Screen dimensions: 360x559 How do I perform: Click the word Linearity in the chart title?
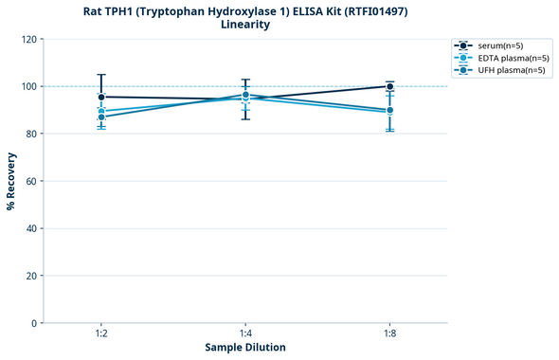pos(245,25)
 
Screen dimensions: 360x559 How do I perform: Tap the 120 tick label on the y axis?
pos(28,39)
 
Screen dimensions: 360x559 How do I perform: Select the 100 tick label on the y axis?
pos(28,86)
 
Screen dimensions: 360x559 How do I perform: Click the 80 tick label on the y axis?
pos(31,134)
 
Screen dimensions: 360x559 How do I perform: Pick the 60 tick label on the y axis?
pos(31,181)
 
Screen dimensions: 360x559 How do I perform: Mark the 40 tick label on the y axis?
pos(31,228)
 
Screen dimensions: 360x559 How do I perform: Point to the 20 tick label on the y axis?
pos(31,276)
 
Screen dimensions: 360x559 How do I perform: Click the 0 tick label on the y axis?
pos(34,323)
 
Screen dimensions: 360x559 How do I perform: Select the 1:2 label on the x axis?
pos(101,334)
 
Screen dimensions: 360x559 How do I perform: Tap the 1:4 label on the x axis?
pos(245,334)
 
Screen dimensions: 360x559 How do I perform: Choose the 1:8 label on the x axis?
pos(389,334)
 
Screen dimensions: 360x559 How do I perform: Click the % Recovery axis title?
pos(11,180)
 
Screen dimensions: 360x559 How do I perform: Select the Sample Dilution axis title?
pos(245,348)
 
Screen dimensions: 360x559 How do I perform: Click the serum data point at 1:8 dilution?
pos(389,86)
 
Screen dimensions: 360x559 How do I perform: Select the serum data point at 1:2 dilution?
pos(101,97)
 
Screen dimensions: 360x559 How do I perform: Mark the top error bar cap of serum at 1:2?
pos(101,75)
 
